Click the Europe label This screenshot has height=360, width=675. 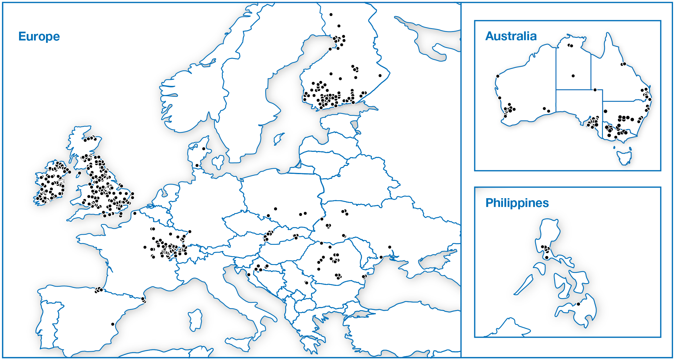point(39,37)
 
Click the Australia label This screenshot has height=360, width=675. point(511,36)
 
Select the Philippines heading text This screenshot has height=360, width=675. point(517,203)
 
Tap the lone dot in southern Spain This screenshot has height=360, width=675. point(113,324)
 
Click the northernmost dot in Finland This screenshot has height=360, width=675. point(331,14)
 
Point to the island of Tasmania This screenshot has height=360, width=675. point(624,157)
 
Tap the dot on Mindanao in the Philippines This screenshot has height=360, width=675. point(578,304)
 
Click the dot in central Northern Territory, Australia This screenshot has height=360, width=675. point(573,76)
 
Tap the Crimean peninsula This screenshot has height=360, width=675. point(434,259)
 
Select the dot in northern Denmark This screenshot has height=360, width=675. point(204,149)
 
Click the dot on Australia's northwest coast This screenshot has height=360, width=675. point(498,76)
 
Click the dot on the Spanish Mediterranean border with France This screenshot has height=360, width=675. point(143,299)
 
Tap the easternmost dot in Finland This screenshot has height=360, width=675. point(380,76)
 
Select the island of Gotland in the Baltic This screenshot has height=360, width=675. point(278,139)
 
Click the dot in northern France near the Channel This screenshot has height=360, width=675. point(135,213)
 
